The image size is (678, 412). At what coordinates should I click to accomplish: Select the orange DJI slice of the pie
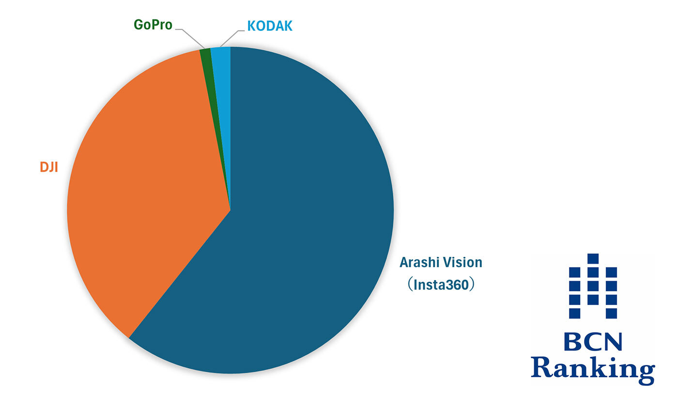[x=145, y=194]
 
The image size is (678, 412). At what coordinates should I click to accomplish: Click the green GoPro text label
[x=153, y=25]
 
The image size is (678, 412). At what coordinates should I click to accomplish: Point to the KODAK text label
[x=270, y=26]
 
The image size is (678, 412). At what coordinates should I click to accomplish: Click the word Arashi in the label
[x=419, y=263]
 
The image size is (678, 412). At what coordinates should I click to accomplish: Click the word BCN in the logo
[x=593, y=343]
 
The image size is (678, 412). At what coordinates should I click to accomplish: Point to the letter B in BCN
[x=571, y=343]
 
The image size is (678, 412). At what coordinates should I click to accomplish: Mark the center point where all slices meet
[x=231, y=210]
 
